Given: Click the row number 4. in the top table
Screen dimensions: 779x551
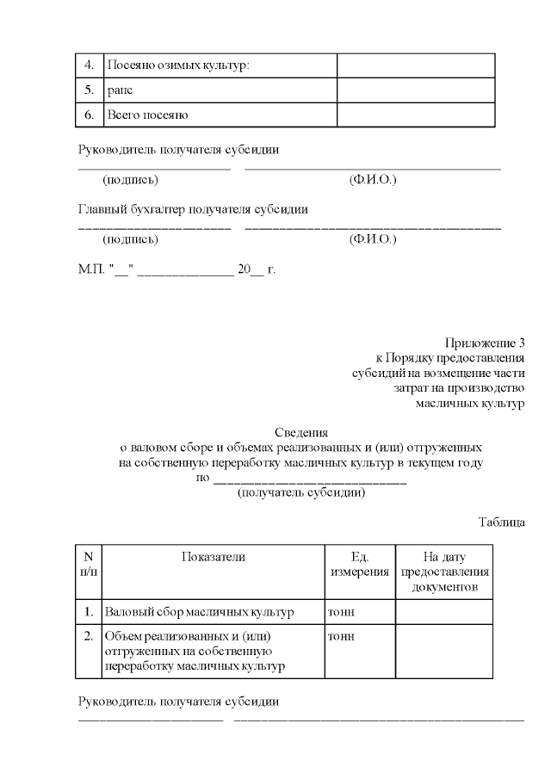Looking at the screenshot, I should [89, 65].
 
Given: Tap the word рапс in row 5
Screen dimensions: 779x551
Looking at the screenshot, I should [119, 90].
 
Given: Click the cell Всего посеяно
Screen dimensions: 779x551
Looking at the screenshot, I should [147, 114].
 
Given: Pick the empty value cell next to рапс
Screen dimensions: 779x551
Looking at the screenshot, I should [415, 90].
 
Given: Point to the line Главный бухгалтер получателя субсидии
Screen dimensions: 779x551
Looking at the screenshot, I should [193, 209].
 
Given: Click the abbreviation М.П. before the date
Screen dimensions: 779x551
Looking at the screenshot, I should [91, 269].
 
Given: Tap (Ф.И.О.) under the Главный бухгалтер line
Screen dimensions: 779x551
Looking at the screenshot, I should [372, 239].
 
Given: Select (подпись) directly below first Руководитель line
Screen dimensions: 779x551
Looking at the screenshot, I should [130, 180].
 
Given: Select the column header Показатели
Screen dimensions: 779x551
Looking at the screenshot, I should [213, 557].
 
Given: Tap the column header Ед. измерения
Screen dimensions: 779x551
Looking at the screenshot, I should [359, 564].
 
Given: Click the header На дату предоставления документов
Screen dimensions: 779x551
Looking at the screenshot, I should [444, 572].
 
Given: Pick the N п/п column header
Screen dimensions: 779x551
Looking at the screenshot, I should [89, 564].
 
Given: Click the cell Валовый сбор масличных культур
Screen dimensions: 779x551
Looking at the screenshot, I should [199, 612].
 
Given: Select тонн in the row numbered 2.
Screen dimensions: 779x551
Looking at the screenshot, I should [342, 637].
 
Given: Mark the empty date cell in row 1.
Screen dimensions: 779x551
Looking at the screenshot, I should [444, 612].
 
